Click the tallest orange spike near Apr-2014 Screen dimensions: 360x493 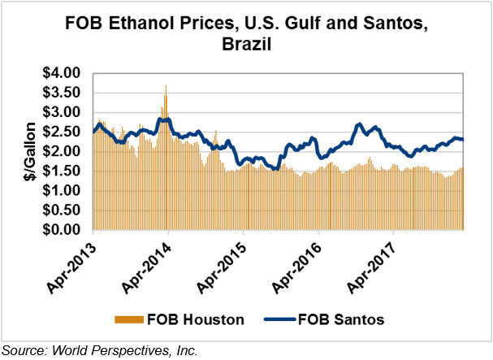click(x=166, y=86)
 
